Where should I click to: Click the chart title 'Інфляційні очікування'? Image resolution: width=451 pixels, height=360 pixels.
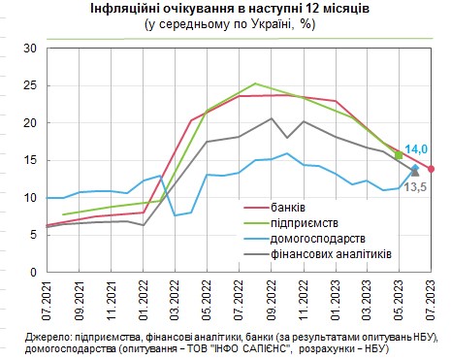point(224,9)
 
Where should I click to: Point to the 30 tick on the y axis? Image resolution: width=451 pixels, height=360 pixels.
point(28,48)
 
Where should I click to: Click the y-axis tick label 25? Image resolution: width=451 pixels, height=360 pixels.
point(28,85)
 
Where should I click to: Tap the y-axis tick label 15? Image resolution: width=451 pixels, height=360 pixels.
point(28,160)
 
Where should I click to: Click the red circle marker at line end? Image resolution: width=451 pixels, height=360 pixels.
point(431,169)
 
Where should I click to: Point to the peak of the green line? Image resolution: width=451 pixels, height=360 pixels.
point(254,83)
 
